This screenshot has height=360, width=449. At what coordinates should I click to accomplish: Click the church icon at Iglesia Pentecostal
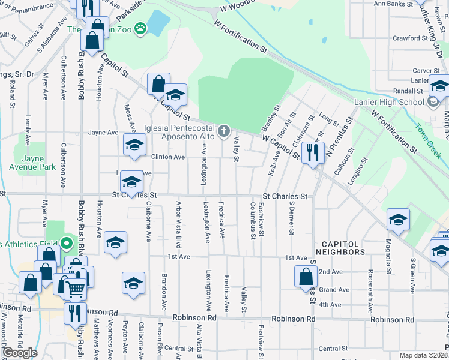pos(224,131)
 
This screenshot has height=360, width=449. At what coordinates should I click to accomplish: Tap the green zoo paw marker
pos(141,28)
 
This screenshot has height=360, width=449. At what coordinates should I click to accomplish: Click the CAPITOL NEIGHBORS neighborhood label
pos(343,248)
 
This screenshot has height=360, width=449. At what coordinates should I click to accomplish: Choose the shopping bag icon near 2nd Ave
pos(306,277)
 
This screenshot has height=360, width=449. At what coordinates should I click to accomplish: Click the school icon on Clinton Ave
pos(135,145)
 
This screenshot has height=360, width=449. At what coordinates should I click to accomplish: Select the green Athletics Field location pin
pos(67,244)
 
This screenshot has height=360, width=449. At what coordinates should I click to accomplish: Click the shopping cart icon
pos(75,289)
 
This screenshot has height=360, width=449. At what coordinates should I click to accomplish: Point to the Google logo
pos(20,353)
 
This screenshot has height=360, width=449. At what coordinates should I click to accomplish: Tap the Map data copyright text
pos(424,355)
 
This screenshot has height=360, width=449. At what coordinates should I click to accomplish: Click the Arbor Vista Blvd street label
pos(178,224)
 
